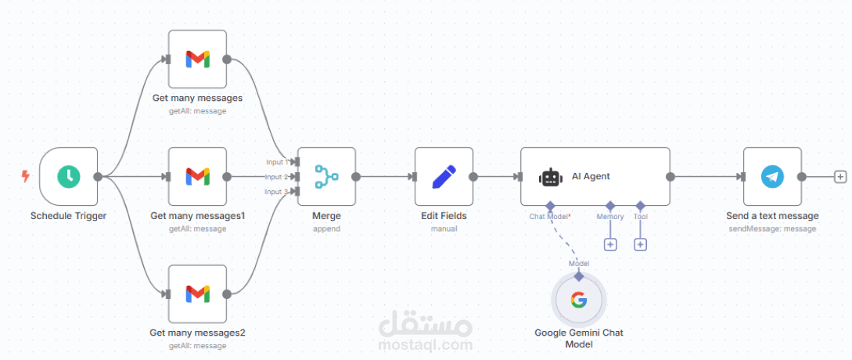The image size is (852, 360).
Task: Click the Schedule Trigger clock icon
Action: pos(69,176)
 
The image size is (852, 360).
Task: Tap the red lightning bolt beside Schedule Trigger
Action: pos(25,177)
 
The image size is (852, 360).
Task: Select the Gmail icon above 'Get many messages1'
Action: pos(197,176)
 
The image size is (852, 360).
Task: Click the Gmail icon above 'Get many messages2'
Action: pos(197,293)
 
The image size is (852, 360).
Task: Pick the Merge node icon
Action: pos(326,176)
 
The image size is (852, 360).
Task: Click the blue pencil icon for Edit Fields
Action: pos(444,176)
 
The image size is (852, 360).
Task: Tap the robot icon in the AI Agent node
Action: pos(551,178)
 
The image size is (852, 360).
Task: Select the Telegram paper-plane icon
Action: pos(772,176)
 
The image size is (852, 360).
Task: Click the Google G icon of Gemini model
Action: pos(579,300)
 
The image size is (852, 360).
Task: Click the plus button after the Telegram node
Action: pos(840,177)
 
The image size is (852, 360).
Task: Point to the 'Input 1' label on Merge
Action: pos(276,162)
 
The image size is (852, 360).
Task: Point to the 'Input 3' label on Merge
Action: pos(275,192)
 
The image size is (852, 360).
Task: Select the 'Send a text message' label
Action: pos(771,216)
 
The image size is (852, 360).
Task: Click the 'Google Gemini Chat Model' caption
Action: pos(579,338)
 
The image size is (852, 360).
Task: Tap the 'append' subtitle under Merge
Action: pos(326,229)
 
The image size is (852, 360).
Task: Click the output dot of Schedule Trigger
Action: pos(98,177)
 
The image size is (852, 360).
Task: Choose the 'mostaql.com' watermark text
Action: pos(425,344)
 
